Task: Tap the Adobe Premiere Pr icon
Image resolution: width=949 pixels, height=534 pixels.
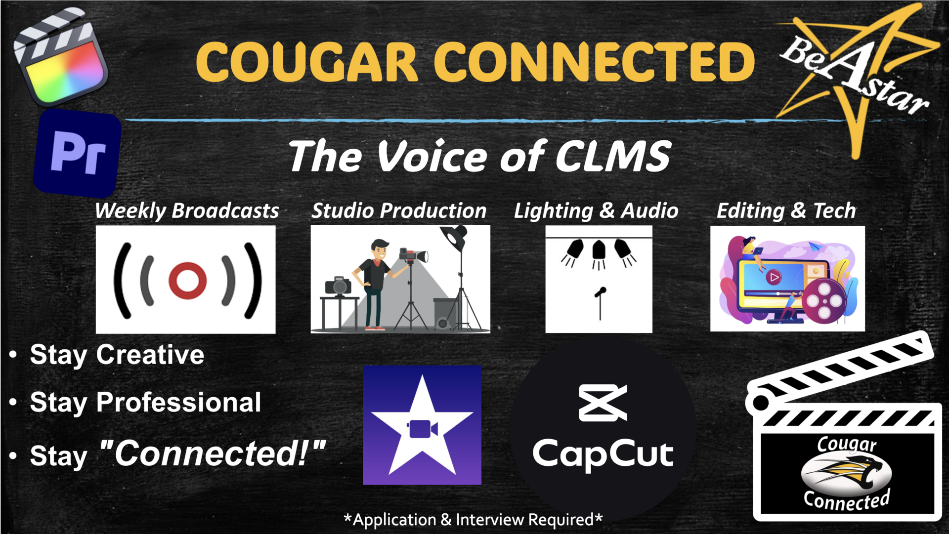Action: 78,154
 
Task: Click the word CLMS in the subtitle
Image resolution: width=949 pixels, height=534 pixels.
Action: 613,157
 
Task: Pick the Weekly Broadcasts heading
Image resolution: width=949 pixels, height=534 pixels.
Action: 187,211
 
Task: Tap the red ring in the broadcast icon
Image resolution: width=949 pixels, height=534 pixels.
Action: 187,280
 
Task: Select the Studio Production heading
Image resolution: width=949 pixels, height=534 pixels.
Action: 399,211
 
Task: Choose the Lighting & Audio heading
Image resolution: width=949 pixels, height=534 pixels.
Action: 596,211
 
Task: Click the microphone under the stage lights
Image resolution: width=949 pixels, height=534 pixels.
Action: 600,303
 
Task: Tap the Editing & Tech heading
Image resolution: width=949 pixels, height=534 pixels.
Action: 786,211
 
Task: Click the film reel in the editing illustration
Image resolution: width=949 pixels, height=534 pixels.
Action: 824,300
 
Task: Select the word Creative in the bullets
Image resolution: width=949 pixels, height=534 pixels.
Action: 150,355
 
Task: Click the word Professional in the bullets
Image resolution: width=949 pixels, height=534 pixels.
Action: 178,402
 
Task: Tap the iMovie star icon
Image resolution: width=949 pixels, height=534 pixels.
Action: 422,425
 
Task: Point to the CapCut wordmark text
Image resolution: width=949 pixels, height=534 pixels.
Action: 603,454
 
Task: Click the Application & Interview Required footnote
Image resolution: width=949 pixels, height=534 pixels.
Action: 473,520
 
